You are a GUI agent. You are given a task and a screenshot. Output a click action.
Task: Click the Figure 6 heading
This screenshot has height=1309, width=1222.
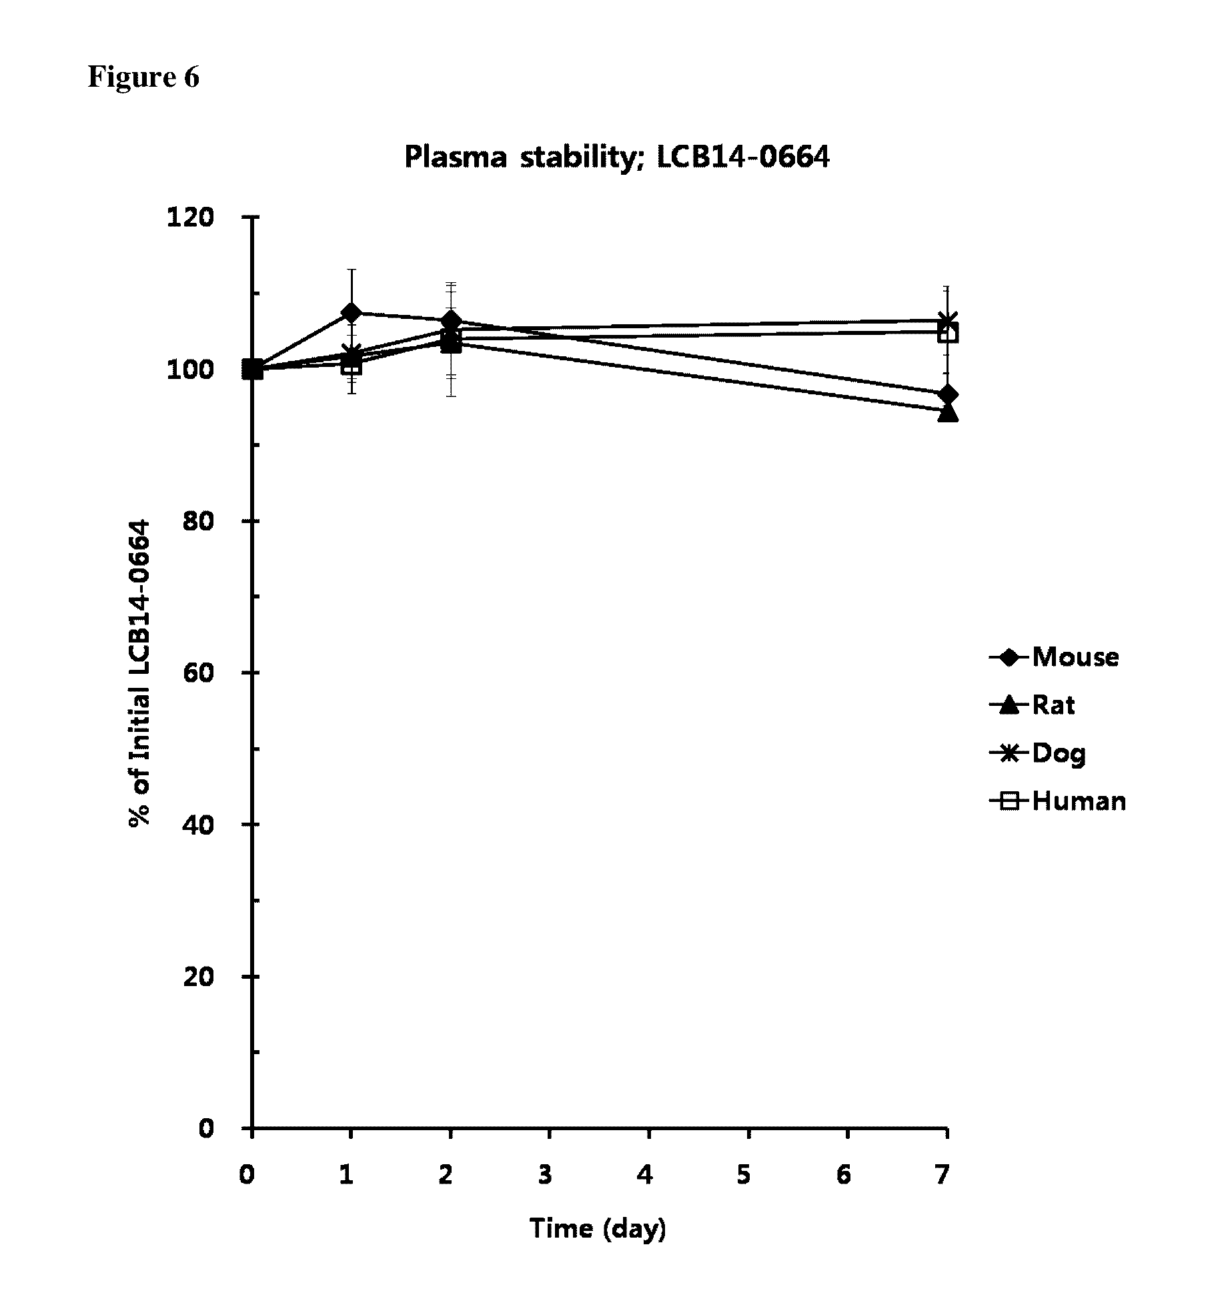(x=143, y=77)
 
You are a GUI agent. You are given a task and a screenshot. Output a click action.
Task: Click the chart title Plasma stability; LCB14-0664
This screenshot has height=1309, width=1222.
(x=617, y=157)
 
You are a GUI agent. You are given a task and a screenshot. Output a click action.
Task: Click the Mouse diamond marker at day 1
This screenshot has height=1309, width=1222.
(x=351, y=312)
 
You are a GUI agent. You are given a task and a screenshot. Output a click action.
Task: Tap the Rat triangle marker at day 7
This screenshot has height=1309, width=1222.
(x=947, y=412)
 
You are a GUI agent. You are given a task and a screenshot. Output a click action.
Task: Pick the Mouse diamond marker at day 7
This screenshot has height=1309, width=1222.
(x=947, y=394)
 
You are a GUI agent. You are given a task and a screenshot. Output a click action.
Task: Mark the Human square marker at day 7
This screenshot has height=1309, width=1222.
(x=948, y=333)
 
